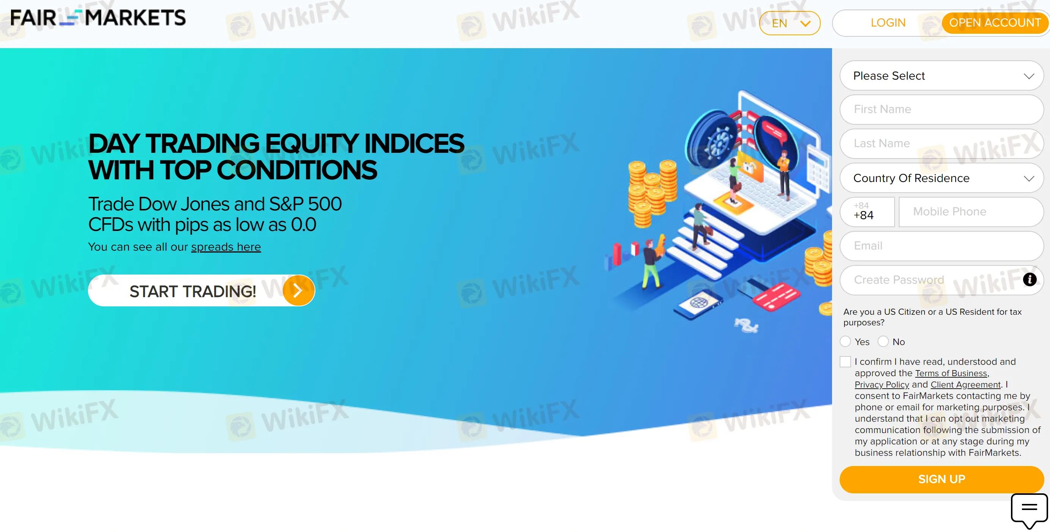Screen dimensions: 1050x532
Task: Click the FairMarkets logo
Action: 98,18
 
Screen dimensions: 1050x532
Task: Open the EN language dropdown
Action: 790,23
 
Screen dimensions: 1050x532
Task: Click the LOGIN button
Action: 888,23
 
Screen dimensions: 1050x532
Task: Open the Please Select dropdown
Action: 942,76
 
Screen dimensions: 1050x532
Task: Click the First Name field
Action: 942,109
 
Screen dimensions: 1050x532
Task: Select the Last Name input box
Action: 942,143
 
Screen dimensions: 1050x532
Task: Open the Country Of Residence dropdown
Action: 942,178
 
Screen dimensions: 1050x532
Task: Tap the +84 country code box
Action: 867,212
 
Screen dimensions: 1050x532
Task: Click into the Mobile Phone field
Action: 971,212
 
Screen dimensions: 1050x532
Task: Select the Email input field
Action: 942,246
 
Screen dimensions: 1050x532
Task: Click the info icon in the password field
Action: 1030,280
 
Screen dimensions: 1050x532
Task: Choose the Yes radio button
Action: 845,342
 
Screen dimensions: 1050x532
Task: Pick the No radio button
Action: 883,342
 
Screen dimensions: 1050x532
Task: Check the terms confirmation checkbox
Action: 845,362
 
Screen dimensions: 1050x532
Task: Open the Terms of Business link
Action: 951,373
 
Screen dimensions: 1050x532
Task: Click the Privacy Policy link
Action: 882,385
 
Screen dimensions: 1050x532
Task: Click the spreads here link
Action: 226,247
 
